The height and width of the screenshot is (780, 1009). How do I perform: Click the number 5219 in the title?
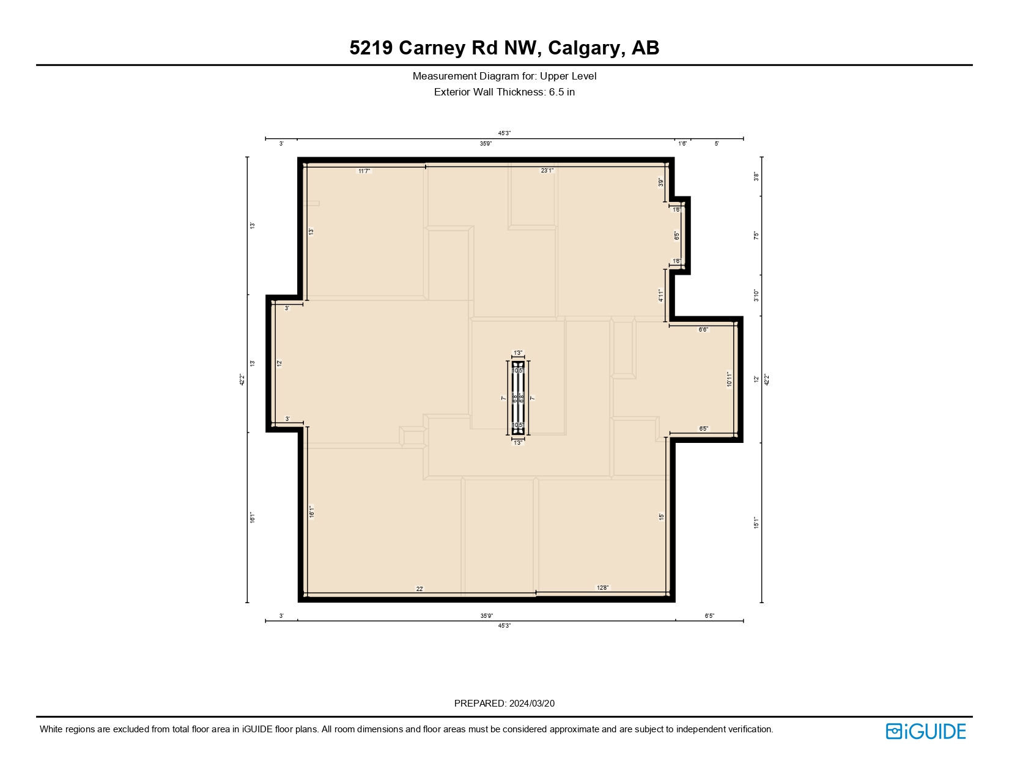point(371,48)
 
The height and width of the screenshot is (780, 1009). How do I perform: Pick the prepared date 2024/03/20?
point(531,704)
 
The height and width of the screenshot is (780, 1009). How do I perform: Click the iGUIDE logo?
point(926,731)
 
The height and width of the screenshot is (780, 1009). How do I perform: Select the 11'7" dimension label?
point(364,171)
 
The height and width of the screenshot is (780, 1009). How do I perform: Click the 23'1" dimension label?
point(547,171)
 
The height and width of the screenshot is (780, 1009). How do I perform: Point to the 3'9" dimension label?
point(661,182)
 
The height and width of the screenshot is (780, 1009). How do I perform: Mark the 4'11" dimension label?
point(661,295)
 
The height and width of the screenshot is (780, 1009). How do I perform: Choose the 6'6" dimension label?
point(703,330)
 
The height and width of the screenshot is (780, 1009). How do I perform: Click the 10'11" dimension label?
point(729,379)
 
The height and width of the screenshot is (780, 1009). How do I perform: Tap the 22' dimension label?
point(419,589)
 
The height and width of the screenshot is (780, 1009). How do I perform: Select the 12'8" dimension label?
point(602,588)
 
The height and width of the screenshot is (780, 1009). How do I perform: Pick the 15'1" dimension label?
point(756,522)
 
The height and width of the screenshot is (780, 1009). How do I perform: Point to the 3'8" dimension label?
point(756,177)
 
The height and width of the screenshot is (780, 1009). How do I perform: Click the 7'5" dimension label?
point(756,236)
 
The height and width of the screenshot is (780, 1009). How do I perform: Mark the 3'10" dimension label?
point(756,295)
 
